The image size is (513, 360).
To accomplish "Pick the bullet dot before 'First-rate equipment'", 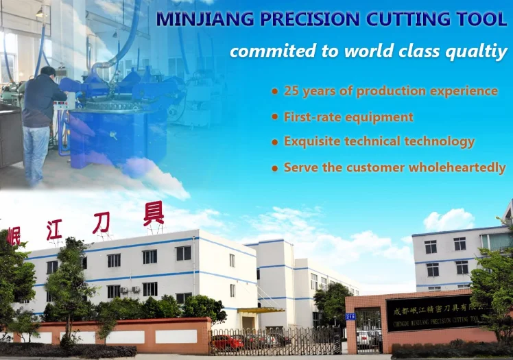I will pos(275,117).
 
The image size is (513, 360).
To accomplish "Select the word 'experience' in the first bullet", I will pos(461,91).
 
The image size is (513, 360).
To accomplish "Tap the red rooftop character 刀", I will pos(102,222).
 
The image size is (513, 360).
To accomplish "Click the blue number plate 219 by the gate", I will pos(350,316).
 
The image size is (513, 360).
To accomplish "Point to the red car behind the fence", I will pos(228,341).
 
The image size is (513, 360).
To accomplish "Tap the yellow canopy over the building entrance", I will pos(261,311).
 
